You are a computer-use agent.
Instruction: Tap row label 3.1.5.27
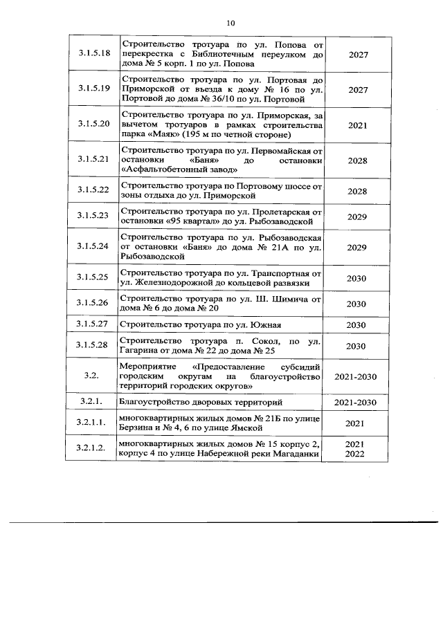[96, 324]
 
